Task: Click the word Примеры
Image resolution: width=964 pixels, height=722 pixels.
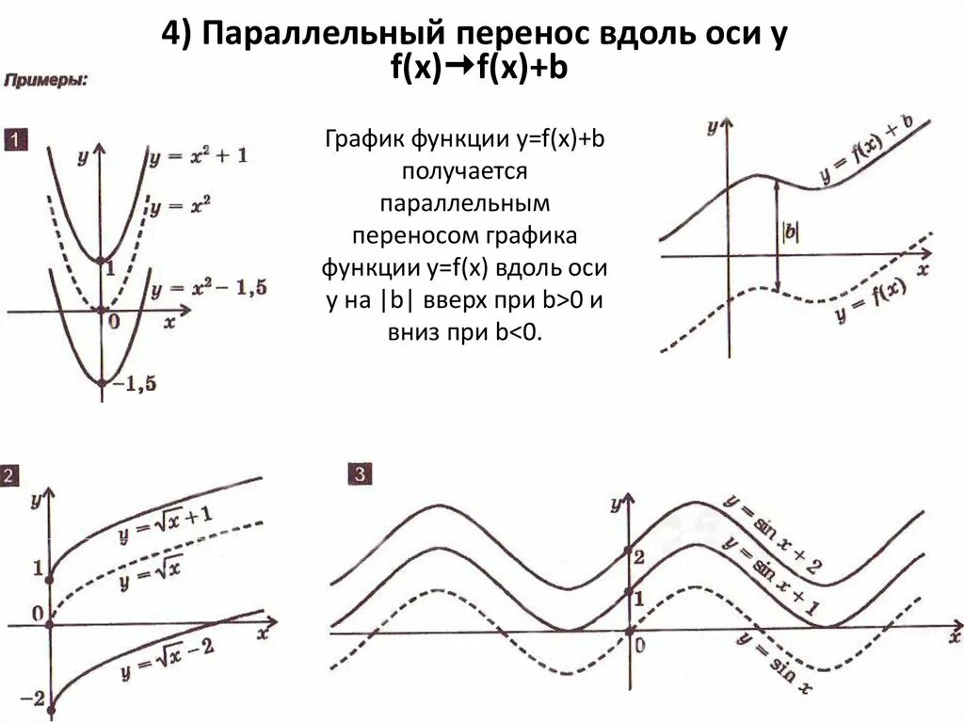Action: (46, 82)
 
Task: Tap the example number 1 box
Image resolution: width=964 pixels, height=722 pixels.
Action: (16, 142)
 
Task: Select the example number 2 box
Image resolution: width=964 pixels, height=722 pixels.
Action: (9, 475)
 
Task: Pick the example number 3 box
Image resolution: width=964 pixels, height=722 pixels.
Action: (360, 474)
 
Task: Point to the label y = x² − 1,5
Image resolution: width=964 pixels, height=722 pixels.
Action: (209, 288)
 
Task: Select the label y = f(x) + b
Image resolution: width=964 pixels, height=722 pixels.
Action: (865, 151)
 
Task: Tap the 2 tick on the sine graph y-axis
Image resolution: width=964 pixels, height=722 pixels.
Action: (638, 557)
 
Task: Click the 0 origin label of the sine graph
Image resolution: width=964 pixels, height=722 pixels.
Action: (640, 645)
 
